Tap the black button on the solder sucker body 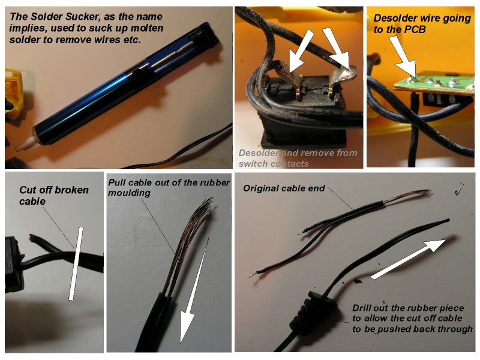(x=138, y=74)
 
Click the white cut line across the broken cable (x=76, y=263)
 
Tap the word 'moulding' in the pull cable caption (x=129, y=193)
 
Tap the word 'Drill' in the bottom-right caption (x=362, y=308)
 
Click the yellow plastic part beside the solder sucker (x=13, y=94)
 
